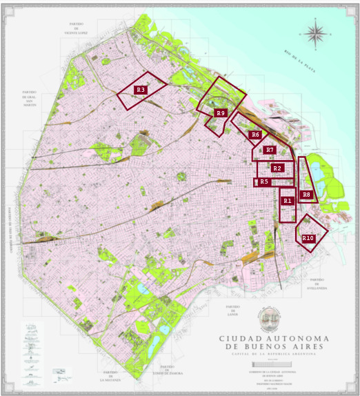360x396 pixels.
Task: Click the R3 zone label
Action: pyautogui.click(x=141, y=90)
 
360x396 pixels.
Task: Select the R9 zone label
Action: pyautogui.click(x=220, y=112)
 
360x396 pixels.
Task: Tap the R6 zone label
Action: pyautogui.click(x=255, y=135)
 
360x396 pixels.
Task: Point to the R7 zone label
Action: pyautogui.click(x=270, y=150)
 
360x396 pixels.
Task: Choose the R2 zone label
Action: pyautogui.click(x=277, y=168)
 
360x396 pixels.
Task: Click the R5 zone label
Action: pyautogui.click(x=263, y=182)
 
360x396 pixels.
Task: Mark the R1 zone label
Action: pyautogui.click(x=288, y=200)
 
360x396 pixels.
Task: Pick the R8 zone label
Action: pyautogui.click(x=307, y=195)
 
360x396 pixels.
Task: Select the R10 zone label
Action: pyautogui.click(x=308, y=238)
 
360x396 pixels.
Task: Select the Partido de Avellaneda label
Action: pyautogui.click(x=318, y=284)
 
